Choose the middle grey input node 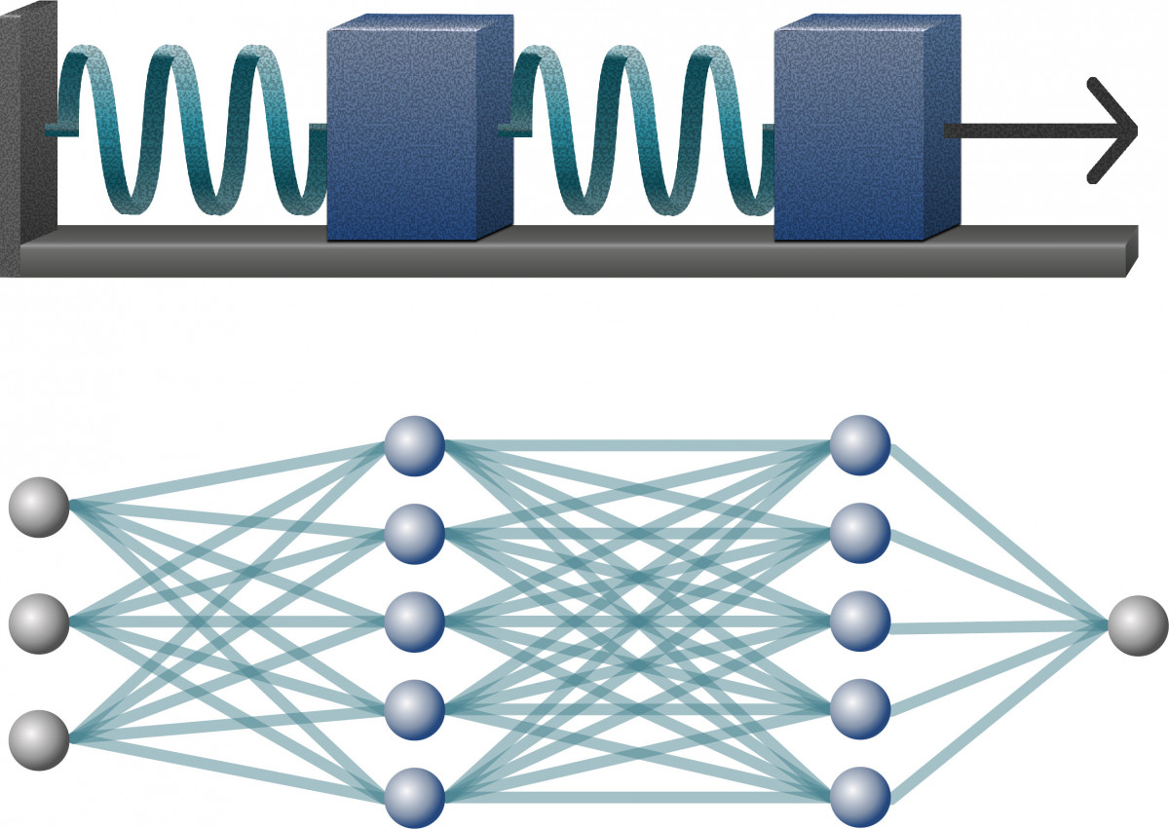tap(39, 621)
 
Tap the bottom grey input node tap(39, 739)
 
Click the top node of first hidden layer tap(414, 445)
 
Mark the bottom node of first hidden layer tap(414, 798)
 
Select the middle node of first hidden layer tap(414, 621)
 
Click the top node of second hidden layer tap(860, 445)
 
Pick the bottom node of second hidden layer tap(860, 798)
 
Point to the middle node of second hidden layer tap(860, 621)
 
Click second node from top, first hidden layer tap(414, 533)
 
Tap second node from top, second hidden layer tap(860, 533)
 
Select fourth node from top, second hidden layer tap(860, 709)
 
